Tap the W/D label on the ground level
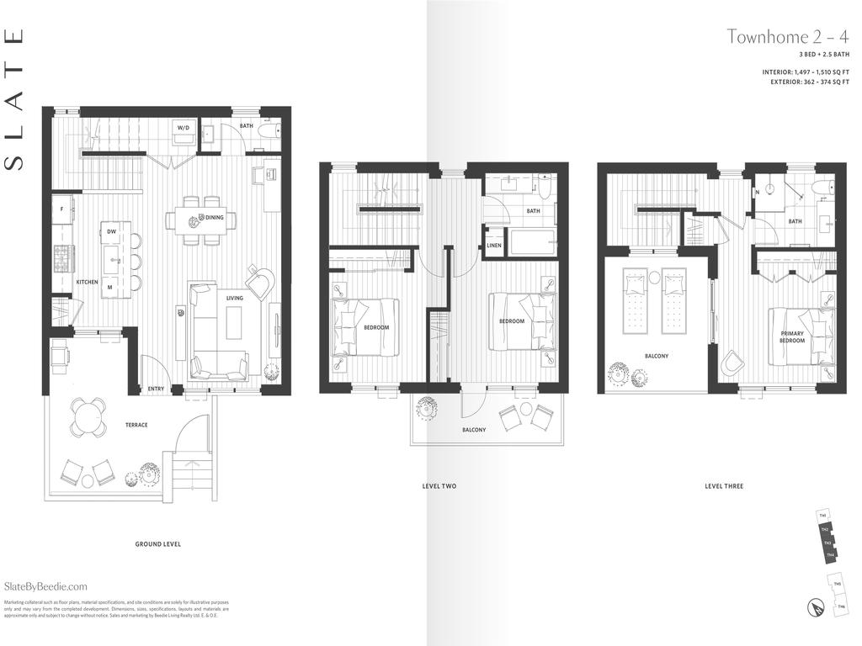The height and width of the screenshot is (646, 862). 183,129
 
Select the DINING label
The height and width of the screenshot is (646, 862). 215,218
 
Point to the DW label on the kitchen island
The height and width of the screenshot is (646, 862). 110,232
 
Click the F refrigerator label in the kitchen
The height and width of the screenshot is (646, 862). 61,207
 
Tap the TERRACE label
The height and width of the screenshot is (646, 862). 136,425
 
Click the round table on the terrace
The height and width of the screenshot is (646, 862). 88,416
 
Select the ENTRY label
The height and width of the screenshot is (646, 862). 157,389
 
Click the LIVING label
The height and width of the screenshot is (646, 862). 234,298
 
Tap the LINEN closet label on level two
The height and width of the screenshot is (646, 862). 494,246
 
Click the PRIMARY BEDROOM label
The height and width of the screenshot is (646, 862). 792,336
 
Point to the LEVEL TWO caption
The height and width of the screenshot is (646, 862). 439,486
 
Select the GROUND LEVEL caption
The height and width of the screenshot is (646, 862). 158,544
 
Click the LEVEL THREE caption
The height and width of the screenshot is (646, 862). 724,486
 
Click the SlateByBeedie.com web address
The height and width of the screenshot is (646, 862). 45,586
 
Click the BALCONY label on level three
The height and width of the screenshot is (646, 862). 657,356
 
